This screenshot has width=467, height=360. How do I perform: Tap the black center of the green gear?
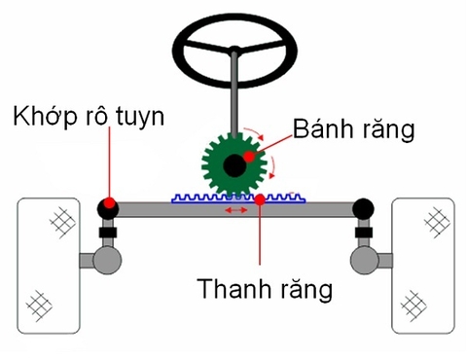point(233,166)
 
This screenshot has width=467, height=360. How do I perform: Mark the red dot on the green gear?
point(250,156)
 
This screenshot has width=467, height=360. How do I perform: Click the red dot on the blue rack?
point(261,200)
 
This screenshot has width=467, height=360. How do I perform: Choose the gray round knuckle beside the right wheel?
point(365,261)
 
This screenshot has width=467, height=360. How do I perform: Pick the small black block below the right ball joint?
point(364,233)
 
